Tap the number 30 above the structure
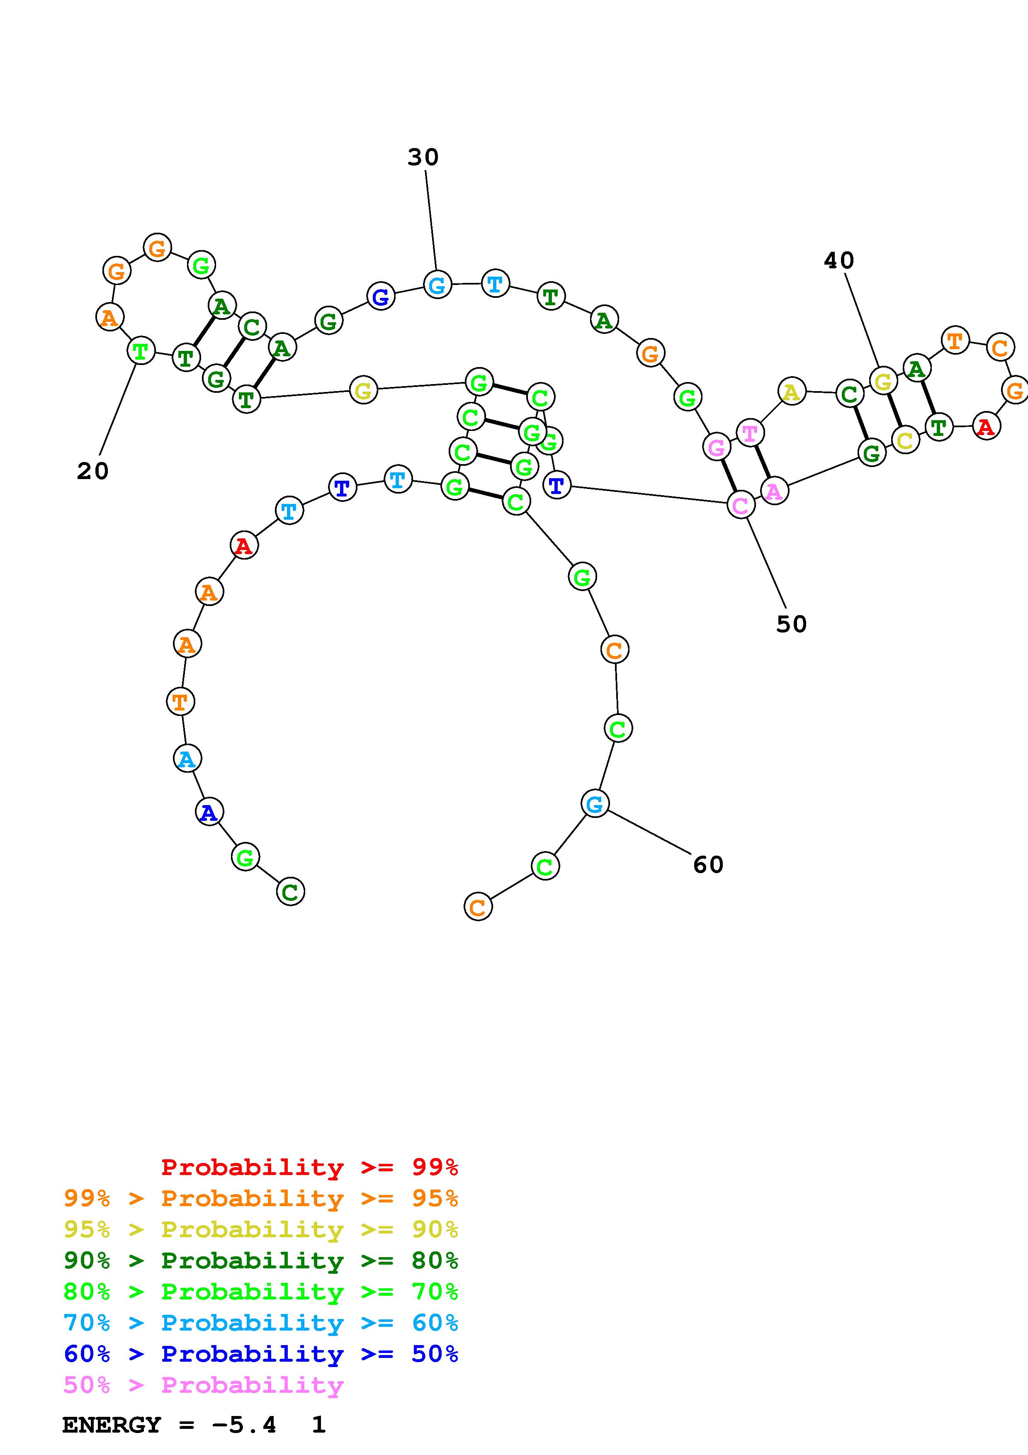click(x=423, y=157)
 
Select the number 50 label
click(x=791, y=624)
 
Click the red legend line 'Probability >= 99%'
click(x=309, y=1167)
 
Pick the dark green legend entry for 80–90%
click(x=261, y=1260)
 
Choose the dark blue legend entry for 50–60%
click(x=261, y=1354)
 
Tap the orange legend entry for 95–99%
click(x=261, y=1198)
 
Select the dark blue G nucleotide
click(x=381, y=297)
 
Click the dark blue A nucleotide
click(x=209, y=813)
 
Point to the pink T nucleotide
click(x=750, y=433)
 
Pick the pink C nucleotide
click(x=740, y=506)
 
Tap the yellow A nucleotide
click(x=791, y=392)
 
